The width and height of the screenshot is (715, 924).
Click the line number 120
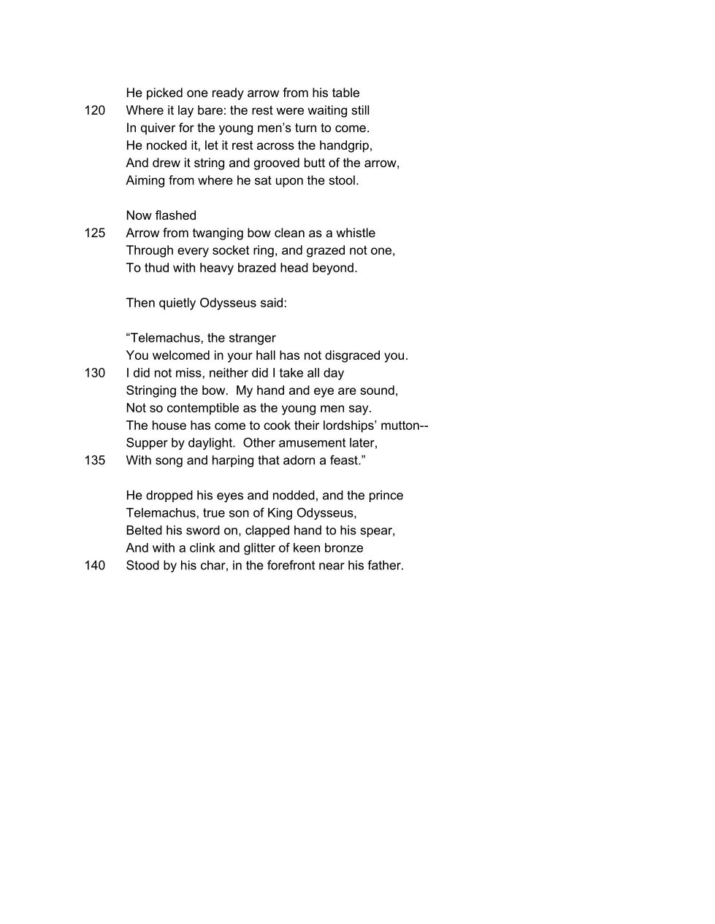coord(95,110)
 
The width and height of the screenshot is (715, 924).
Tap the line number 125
coord(95,233)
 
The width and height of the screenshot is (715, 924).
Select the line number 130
coord(95,373)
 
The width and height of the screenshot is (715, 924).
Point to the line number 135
coord(95,461)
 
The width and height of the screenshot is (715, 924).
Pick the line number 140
coord(95,566)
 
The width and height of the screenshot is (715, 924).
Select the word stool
coord(343,180)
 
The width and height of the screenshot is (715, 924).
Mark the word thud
coord(156,268)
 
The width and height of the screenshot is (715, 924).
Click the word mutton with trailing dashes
coord(405,426)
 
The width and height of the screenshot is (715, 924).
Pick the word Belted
coord(144,531)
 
